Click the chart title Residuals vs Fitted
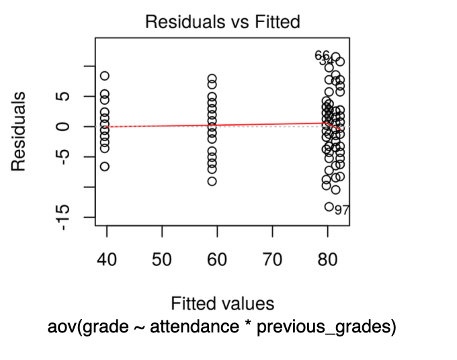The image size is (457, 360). pos(222,22)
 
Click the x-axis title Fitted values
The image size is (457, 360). pos(222,303)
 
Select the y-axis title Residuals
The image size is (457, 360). pos(21,132)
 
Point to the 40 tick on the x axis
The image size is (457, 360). pos(106,260)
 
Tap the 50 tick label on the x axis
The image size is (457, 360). pos(162,260)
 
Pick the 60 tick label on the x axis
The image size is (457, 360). pos(217,260)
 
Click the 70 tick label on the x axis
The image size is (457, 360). pos(272,260)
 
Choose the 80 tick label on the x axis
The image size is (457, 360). pos(327,260)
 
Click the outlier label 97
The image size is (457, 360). pos(342,210)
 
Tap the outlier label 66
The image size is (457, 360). pos(323,55)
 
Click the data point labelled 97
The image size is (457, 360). pos(329,207)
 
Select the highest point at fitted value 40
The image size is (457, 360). pos(105,76)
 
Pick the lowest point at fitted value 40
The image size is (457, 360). pos(105,166)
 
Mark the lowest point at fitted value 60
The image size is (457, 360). pos(212,181)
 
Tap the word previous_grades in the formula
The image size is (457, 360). pos(327,327)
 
